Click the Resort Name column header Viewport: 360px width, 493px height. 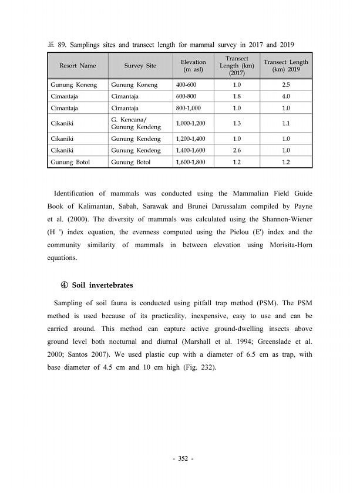[x=78, y=66]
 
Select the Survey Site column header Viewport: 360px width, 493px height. [x=140, y=66]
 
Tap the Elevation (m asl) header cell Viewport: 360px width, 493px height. [x=193, y=66]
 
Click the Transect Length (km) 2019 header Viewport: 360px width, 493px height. [x=286, y=66]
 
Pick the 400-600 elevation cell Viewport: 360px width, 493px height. [x=187, y=85]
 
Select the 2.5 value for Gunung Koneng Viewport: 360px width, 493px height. [x=286, y=85]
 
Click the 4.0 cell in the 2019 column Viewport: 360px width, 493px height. [x=286, y=96]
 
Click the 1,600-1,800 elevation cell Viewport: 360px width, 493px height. [x=191, y=162]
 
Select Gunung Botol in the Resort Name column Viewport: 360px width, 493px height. [x=70, y=162]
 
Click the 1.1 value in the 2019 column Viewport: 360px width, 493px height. [x=286, y=123]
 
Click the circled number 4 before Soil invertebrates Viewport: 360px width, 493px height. [x=65, y=285]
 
